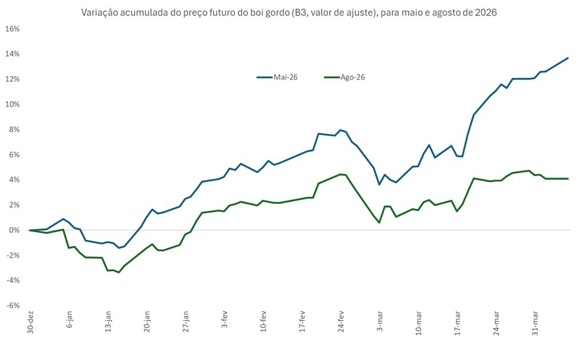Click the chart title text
pyautogui.click(x=289, y=12)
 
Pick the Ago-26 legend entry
pyautogui.click(x=345, y=77)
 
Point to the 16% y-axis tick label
pyautogui.click(x=13, y=29)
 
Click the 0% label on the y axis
pyautogui.click(x=15, y=230)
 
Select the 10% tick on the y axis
pyautogui.click(x=13, y=104)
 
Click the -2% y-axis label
pyautogui.click(x=14, y=255)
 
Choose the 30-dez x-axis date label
pyautogui.click(x=30, y=323)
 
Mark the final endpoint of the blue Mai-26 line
pyautogui.click(x=568, y=58)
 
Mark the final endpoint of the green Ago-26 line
pyautogui.click(x=568, y=179)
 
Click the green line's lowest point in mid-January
pyautogui.click(x=119, y=272)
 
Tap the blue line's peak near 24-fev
pyautogui.click(x=340, y=130)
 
